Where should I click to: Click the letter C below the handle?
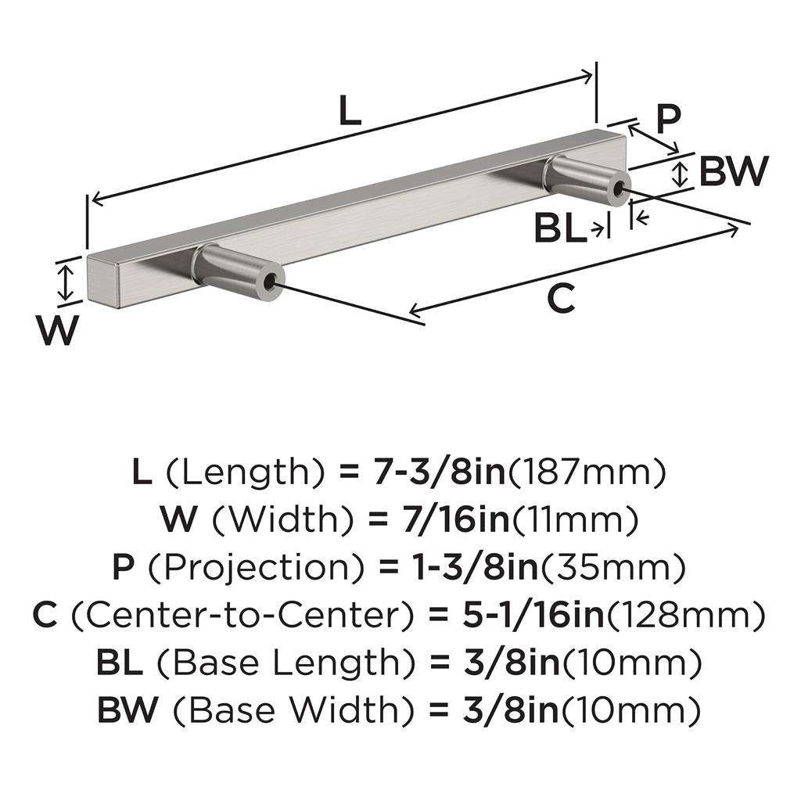561,299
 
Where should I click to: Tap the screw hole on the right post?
622,189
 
